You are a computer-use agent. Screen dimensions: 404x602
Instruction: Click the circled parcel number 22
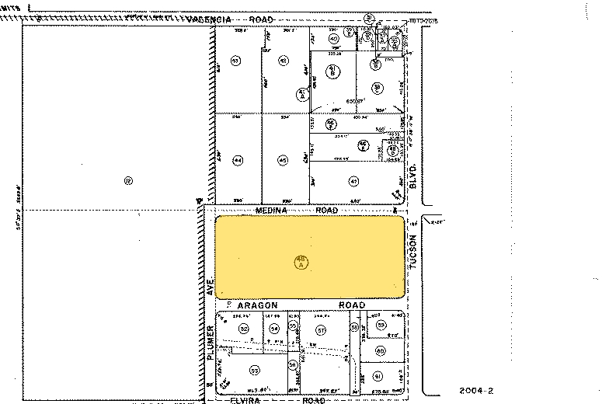click(x=128, y=181)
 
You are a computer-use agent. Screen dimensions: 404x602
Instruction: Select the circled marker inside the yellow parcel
click(x=301, y=262)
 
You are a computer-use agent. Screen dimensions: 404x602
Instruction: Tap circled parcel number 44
click(x=238, y=161)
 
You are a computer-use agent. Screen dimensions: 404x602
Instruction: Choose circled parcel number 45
click(x=284, y=161)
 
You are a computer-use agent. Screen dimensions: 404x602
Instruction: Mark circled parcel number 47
click(x=353, y=182)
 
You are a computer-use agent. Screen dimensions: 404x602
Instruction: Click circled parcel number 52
click(x=243, y=329)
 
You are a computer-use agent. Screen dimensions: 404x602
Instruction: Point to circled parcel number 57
click(x=320, y=330)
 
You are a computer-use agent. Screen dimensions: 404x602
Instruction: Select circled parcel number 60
click(x=380, y=351)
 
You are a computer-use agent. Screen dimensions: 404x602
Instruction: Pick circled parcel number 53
click(x=253, y=371)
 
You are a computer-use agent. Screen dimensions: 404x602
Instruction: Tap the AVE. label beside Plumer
click(x=211, y=290)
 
